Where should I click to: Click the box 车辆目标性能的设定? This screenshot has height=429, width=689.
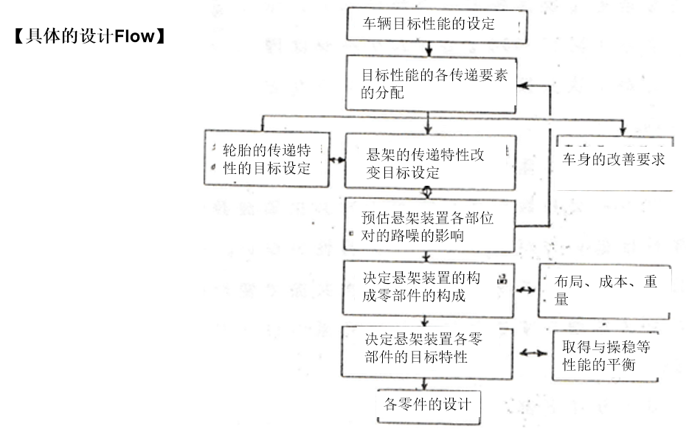pyautogui.click(x=437, y=25)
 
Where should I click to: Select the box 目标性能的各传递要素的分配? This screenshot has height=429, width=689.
pyautogui.click(x=431, y=83)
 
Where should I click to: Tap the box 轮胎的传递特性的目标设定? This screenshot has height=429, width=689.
pyautogui.click(x=267, y=158)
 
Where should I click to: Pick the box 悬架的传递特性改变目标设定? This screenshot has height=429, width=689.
pyautogui.click(x=430, y=162)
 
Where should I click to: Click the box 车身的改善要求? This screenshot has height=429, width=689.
pyautogui.click(x=614, y=164)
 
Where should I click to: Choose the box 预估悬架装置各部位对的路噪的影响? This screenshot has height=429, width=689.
pyautogui.click(x=429, y=225)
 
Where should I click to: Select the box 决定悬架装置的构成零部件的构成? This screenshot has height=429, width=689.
pyautogui.click(x=428, y=288)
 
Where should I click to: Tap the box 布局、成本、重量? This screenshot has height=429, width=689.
pyautogui.click(x=604, y=291)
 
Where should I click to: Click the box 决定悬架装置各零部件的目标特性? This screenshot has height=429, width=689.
pyautogui.click(x=426, y=352)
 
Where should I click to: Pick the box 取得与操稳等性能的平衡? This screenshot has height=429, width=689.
pyautogui.click(x=605, y=356)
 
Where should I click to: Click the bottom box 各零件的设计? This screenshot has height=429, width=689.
pyautogui.click(x=429, y=406)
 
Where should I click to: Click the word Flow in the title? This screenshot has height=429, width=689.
pyautogui.click(x=134, y=36)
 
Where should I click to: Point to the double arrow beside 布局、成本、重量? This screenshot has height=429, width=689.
pyautogui.click(x=525, y=290)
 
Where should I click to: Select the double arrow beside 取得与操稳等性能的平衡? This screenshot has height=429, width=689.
pyautogui.click(x=533, y=353)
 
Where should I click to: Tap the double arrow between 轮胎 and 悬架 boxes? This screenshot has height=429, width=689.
pyautogui.click(x=337, y=160)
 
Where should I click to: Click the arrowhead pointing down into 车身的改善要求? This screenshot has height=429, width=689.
pyautogui.click(x=622, y=130)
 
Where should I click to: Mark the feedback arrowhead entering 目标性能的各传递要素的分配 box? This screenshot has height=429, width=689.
pyautogui.click(x=522, y=86)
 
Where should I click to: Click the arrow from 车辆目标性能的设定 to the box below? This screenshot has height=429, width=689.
pyautogui.click(x=429, y=49)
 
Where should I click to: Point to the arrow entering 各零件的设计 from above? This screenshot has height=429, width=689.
pyautogui.click(x=424, y=384)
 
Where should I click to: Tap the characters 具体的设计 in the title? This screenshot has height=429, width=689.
pyautogui.click(x=70, y=36)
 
